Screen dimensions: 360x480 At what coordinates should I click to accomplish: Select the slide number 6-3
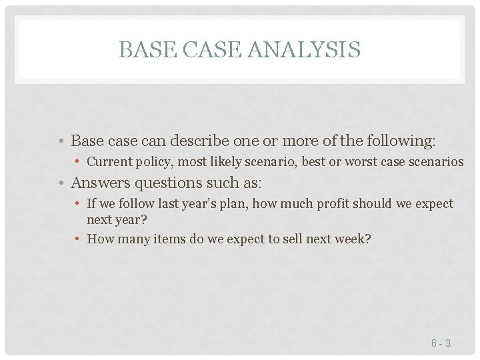441,343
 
